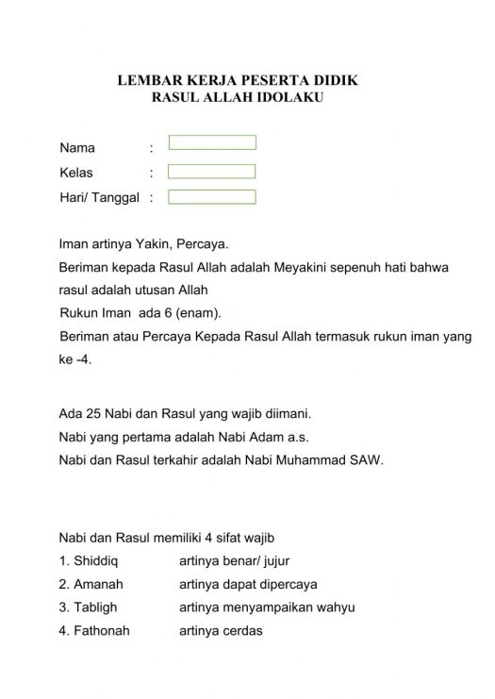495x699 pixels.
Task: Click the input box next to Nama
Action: (x=212, y=142)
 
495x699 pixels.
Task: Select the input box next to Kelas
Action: (x=212, y=172)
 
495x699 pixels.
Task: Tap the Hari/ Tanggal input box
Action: (x=212, y=197)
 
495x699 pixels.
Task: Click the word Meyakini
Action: (x=304, y=268)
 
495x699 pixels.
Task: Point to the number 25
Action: (x=91, y=412)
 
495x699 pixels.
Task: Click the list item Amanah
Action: (x=91, y=585)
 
